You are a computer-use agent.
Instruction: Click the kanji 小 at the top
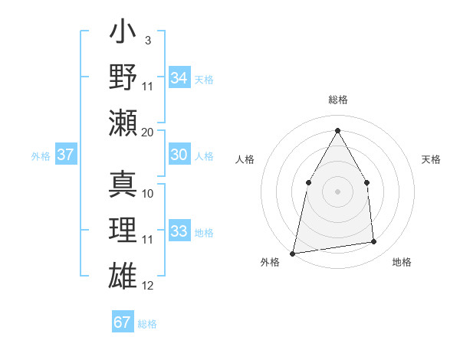[123, 34]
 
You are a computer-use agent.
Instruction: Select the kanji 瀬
[123, 123]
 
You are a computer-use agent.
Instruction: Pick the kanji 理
[123, 230]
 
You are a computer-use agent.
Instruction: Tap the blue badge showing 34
[179, 77]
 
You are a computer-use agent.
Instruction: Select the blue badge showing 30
[179, 155]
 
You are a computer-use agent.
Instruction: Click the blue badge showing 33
[179, 232]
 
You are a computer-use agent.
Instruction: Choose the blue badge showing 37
[66, 155]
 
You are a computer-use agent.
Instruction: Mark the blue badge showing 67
[123, 322]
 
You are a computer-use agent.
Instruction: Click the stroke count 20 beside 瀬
[148, 133]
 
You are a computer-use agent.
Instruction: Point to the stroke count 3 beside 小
[148, 41]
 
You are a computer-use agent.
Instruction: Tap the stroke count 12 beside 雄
[148, 286]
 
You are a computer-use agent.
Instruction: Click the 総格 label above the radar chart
[337, 100]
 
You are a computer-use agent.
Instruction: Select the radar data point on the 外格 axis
[293, 253]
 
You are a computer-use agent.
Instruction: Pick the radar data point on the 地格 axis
[374, 242]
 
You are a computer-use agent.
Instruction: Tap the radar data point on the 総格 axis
[337, 129]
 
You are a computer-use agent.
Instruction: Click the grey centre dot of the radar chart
[337, 191]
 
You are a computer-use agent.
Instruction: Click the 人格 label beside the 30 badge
[204, 155]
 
